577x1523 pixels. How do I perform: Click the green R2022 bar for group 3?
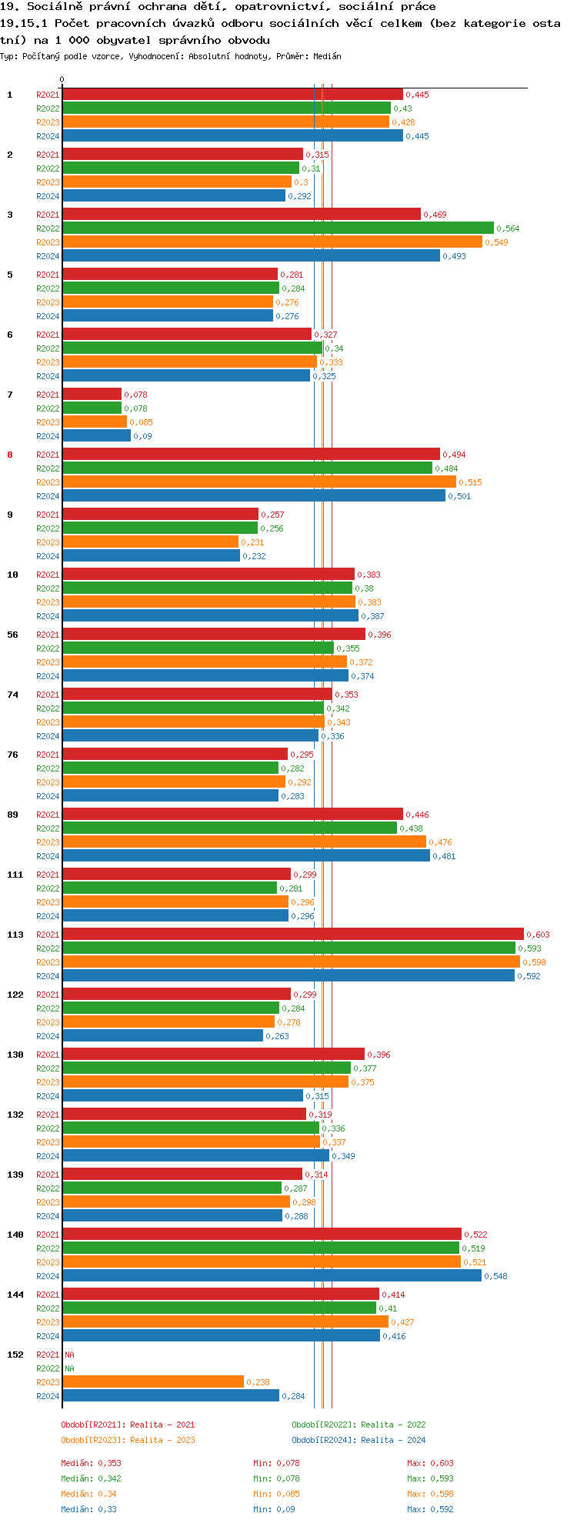(x=278, y=228)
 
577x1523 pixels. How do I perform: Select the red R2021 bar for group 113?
(x=292, y=935)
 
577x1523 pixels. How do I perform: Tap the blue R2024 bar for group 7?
(x=96, y=436)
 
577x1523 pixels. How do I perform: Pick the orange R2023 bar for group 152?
(x=153, y=1382)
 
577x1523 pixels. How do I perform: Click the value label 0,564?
(x=508, y=228)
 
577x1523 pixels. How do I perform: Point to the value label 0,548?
(x=495, y=1276)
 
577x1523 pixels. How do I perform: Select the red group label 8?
(x=10, y=455)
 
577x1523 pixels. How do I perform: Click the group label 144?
(x=15, y=1295)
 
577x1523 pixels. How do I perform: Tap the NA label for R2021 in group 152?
(x=69, y=1355)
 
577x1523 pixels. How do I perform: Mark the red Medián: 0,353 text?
(x=91, y=1463)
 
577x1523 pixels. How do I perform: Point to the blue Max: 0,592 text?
(x=430, y=1509)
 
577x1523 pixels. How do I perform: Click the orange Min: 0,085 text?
(x=276, y=1494)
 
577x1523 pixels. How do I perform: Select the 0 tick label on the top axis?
(x=62, y=79)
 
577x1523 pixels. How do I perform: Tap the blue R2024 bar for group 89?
(x=245, y=856)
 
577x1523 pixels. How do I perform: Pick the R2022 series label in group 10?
(x=48, y=588)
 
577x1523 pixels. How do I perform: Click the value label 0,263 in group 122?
(x=277, y=1036)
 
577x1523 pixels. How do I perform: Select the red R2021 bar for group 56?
(x=214, y=635)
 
